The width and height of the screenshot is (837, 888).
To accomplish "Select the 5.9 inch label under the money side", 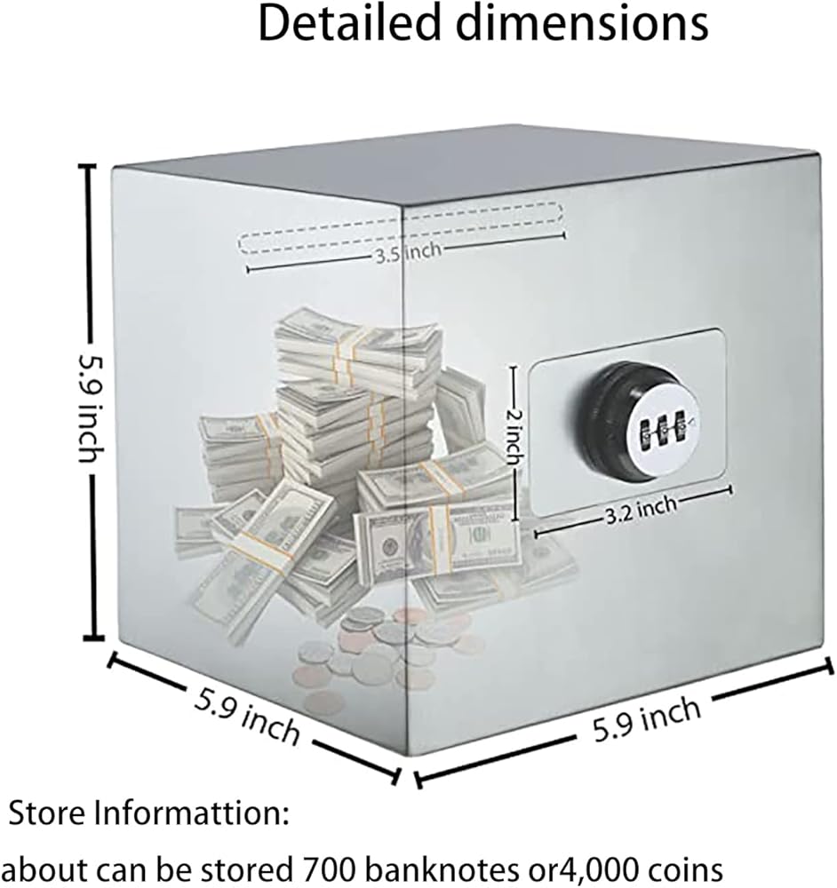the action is [x=246, y=715].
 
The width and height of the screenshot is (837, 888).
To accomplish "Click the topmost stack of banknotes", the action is [x=355, y=342].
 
